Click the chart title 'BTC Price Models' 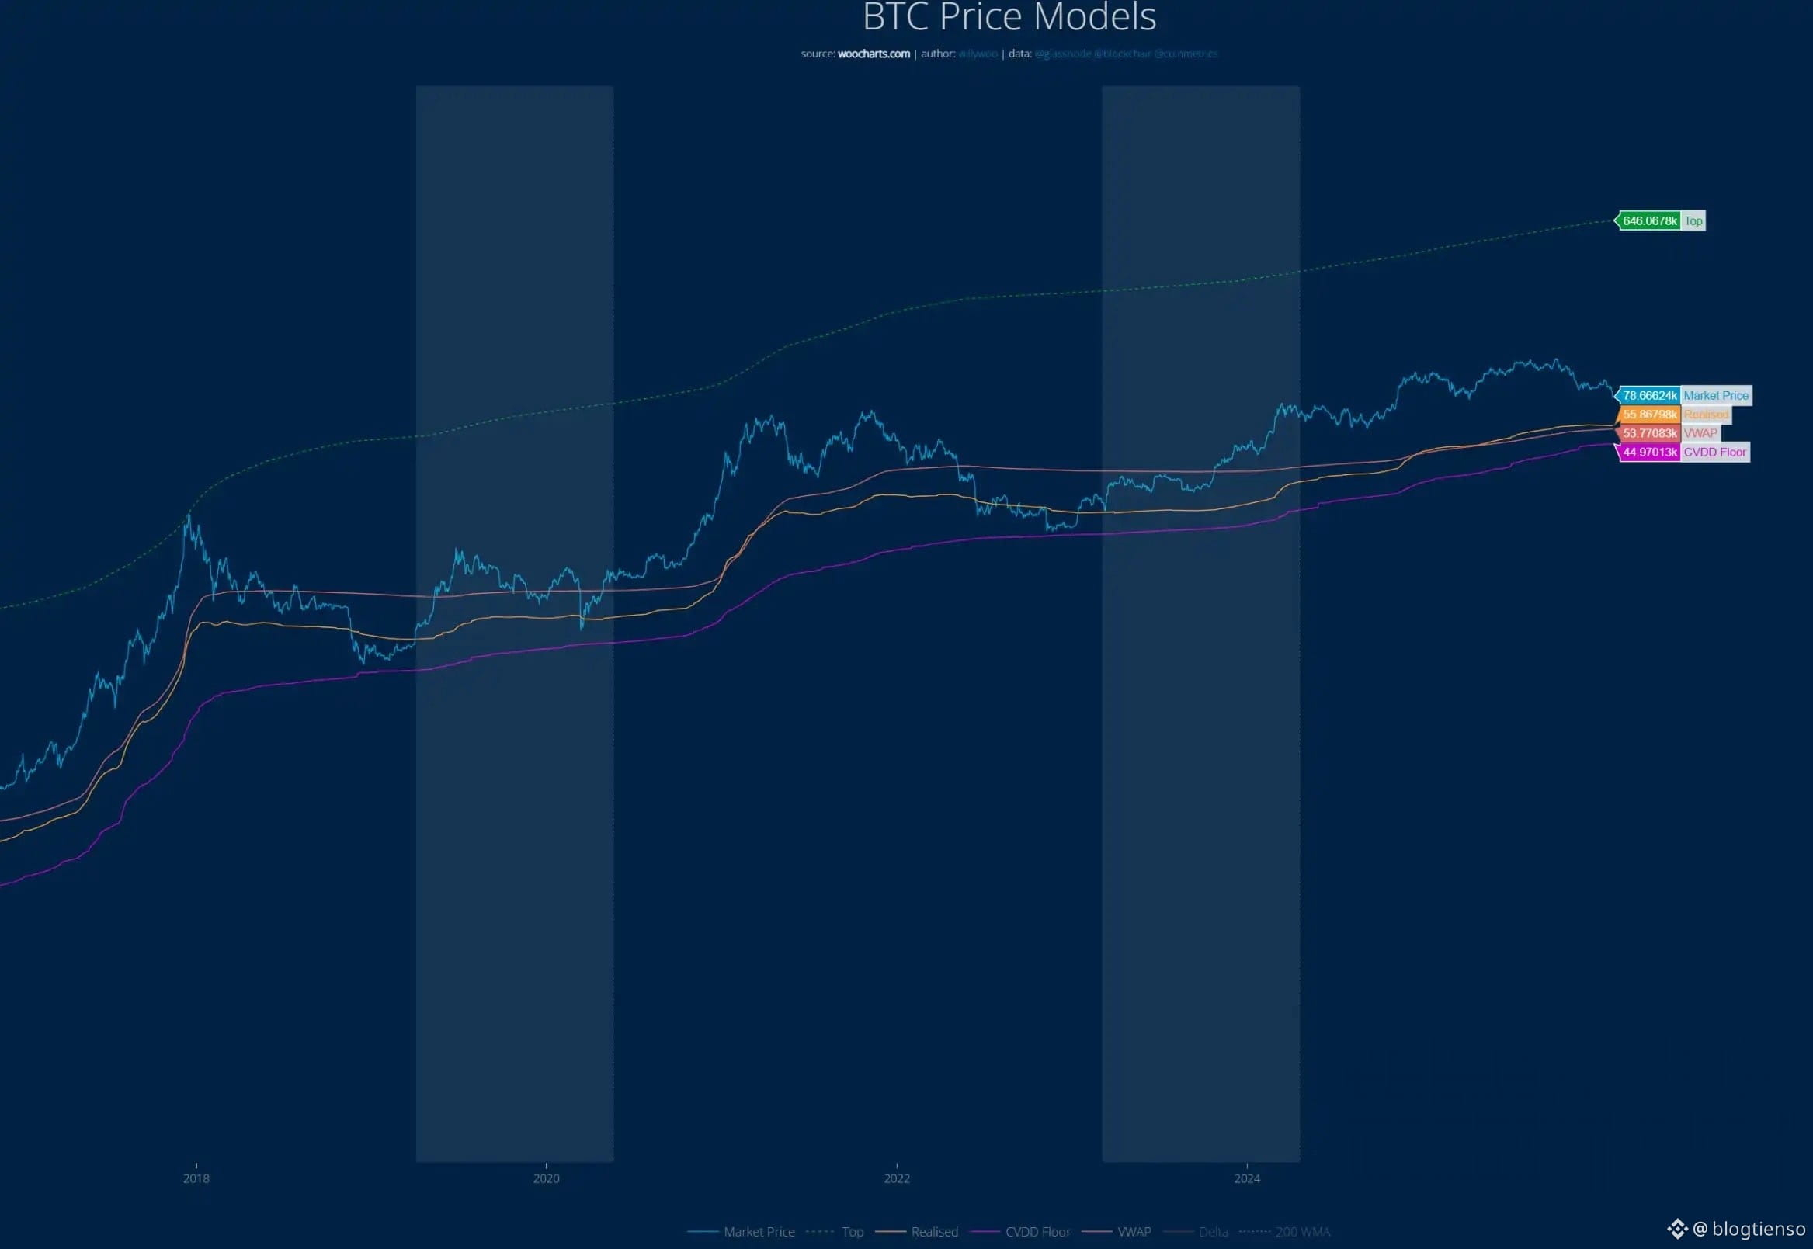click(x=1009, y=17)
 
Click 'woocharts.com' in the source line click(x=874, y=54)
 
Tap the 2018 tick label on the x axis click(x=196, y=1178)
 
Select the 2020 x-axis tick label click(x=547, y=1178)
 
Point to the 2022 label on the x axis click(x=896, y=1178)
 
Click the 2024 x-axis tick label click(x=1247, y=1178)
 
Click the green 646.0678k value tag click(x=1649, y=221)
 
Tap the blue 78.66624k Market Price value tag click(x=1649, y=396)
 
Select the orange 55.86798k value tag click(x=1649, y=415)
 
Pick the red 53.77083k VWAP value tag click(x=1649, y=434)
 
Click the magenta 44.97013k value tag click(x=1649, y=453)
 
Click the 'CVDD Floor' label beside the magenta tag click(x=1714, y=453)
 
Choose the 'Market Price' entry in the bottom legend click(x=759, y=1232)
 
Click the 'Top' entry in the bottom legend click(x=853, y=1232)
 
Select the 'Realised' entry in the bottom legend click(x=934, y=1232)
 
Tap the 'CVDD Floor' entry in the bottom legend click(x=1037, y=1232)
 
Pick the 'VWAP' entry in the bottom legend click(x=1134, y=1232)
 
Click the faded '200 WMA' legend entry click(x=1303, y=1232)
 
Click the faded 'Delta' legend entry click(x=1214, y=1232)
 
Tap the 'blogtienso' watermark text click(x=1758, y=1229)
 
